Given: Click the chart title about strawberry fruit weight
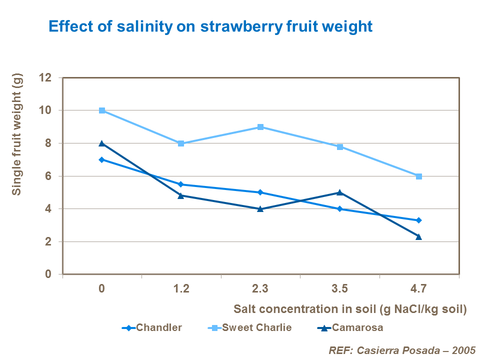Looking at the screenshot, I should (x=210, y=26).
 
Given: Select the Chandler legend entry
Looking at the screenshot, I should (x=152, y=328).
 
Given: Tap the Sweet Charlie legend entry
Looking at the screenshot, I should (x=249, y=328).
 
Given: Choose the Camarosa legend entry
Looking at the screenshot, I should (x=350, y=328).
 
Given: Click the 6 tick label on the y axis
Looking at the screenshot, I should (x=48, y=176).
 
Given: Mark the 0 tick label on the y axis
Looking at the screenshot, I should (x=48, y=274).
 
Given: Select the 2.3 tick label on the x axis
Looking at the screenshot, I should (x=260, y=289).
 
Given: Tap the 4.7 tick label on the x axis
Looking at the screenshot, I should (x=418, y=289).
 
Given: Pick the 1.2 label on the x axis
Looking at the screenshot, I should (x=181, y=289).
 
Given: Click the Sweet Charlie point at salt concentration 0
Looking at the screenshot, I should (x=102, y=110).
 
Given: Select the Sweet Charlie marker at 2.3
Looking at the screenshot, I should (x=260, y=127).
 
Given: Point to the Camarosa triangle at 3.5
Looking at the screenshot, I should (x=339, y=192).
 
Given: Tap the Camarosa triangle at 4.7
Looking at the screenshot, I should (x=418, y=236).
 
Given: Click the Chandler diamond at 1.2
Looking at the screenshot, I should (x=181, y=184).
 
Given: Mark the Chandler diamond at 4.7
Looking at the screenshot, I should (x=418, y=220).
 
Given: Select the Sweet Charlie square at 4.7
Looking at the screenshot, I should (x=418, y=176).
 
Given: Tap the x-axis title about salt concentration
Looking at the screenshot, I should (x=349, y=309).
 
